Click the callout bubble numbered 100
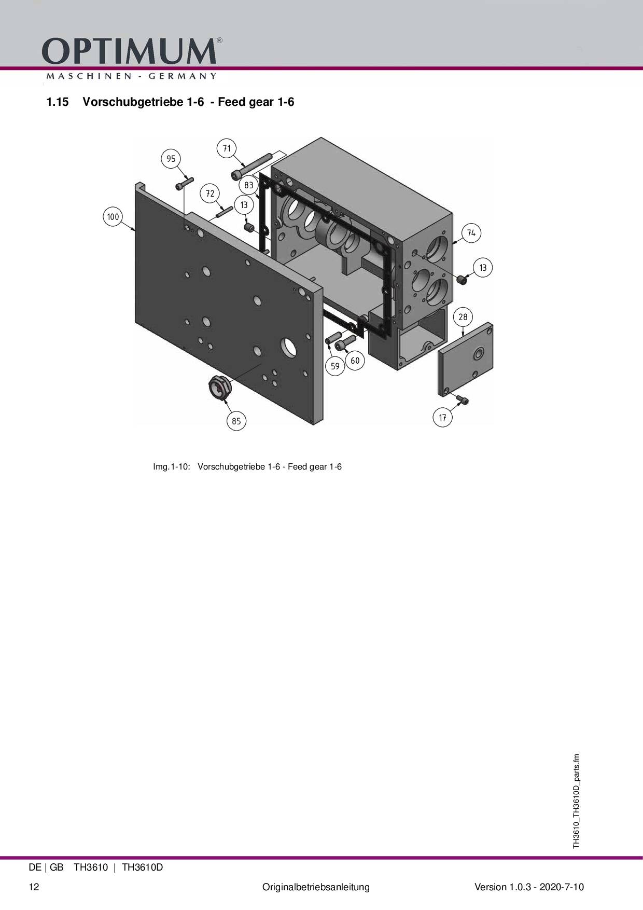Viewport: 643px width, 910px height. point(113,217)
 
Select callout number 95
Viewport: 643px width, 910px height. point(171,159)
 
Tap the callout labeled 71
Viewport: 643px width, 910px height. point(227,148)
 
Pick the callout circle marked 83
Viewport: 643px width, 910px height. point(249,185)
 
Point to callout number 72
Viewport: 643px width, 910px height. point(210,194)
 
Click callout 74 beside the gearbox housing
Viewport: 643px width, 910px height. point(471,233)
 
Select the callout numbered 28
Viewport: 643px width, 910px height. point(463,317)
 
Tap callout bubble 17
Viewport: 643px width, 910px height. point(442,417)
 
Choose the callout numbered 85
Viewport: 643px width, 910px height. point(236,421)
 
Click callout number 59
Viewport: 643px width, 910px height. point(335,366)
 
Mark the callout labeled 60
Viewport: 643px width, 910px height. point(355,361)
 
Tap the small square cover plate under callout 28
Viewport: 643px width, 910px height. point(466,358)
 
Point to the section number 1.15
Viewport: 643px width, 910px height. point(58,102)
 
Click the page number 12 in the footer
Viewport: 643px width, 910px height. point(34,887)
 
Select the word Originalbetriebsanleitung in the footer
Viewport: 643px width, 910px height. point(316,887)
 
